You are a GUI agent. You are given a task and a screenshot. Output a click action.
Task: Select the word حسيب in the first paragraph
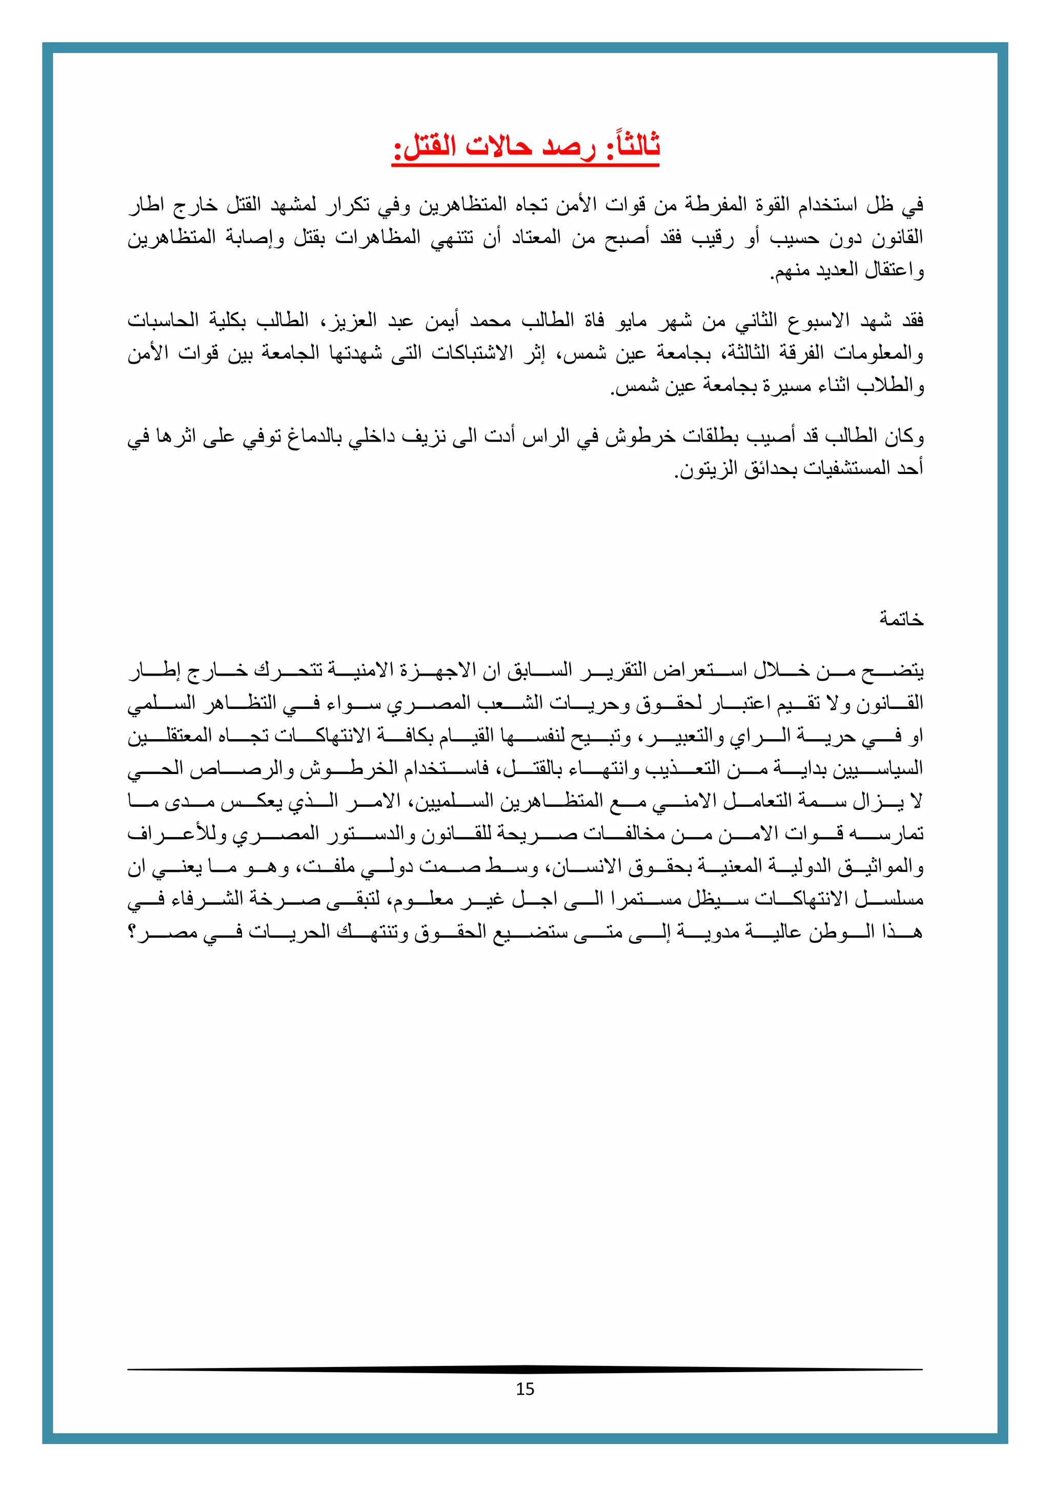(x=794, y=238)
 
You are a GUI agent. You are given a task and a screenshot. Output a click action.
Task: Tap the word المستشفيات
(x=840, y=469)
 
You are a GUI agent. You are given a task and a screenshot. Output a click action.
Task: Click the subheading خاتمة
(x=901, y=620)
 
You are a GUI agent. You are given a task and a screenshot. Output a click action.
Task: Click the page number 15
(x=524, y=1390)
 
